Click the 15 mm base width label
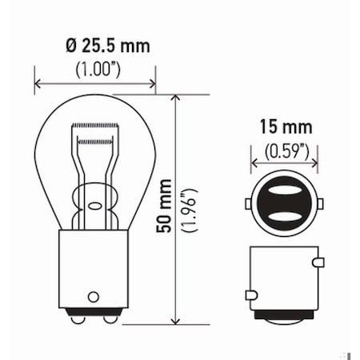[x=286, y=127]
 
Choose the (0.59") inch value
[x=286, y=148]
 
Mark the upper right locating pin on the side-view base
[x=319, y=262]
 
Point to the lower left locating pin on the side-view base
[x=251, y=295]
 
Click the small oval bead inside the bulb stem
[x=94, y=206]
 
